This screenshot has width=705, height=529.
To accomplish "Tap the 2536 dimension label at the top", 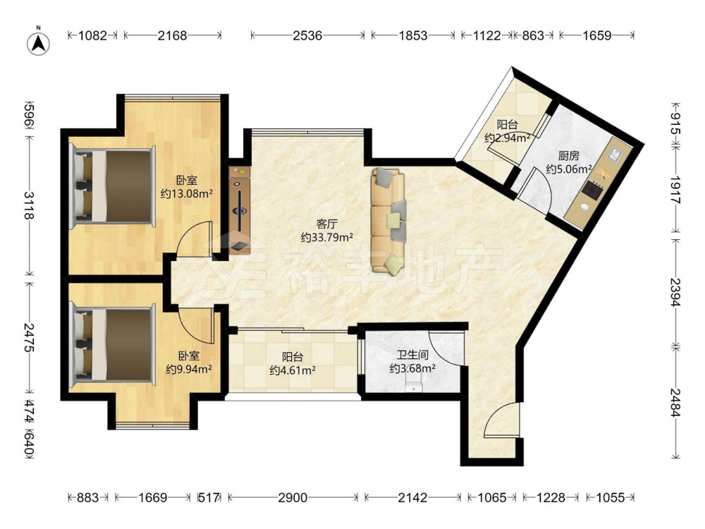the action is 307,35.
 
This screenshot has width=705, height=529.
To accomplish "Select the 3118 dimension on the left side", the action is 28,205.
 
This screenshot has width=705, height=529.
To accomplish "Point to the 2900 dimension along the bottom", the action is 293,497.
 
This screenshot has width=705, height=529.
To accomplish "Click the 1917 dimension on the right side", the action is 675,190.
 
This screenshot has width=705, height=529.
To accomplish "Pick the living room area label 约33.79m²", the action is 326,237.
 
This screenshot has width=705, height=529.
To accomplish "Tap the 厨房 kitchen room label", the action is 569,156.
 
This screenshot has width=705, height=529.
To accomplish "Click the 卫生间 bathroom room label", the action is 412,355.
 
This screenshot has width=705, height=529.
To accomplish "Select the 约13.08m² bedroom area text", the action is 187,194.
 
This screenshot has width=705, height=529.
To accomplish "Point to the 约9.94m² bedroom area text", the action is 189,370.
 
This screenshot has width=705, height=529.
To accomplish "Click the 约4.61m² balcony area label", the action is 293,370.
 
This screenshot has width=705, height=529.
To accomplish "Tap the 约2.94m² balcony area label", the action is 507,138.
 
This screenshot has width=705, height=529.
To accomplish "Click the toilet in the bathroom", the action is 412,386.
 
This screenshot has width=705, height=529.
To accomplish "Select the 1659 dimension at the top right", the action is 597,35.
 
